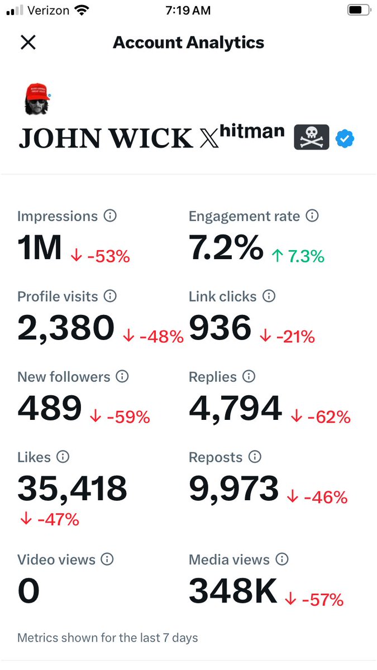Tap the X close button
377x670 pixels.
coord(28,42)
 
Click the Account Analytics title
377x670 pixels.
coord(188,42)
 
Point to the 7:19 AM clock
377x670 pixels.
coord(188,10)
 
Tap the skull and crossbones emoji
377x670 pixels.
coord(312,137)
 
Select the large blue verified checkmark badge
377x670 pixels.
coord(345,138)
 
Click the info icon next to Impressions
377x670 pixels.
coord(111,216)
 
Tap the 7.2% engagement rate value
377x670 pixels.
coord(226,247)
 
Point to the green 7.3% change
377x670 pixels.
coord(298,256)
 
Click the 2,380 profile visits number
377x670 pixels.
coord(66,328)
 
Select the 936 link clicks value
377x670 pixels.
coord(220,328)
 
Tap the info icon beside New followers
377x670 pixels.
coord(122,377)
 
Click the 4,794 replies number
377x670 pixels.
coord(235,408)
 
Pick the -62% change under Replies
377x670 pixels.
coord(321,417)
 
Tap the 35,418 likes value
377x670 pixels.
coord(72,489)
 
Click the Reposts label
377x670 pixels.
coord(216,457)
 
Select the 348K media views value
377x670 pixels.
coord(233,591)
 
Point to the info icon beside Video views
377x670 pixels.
coord(107,559)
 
